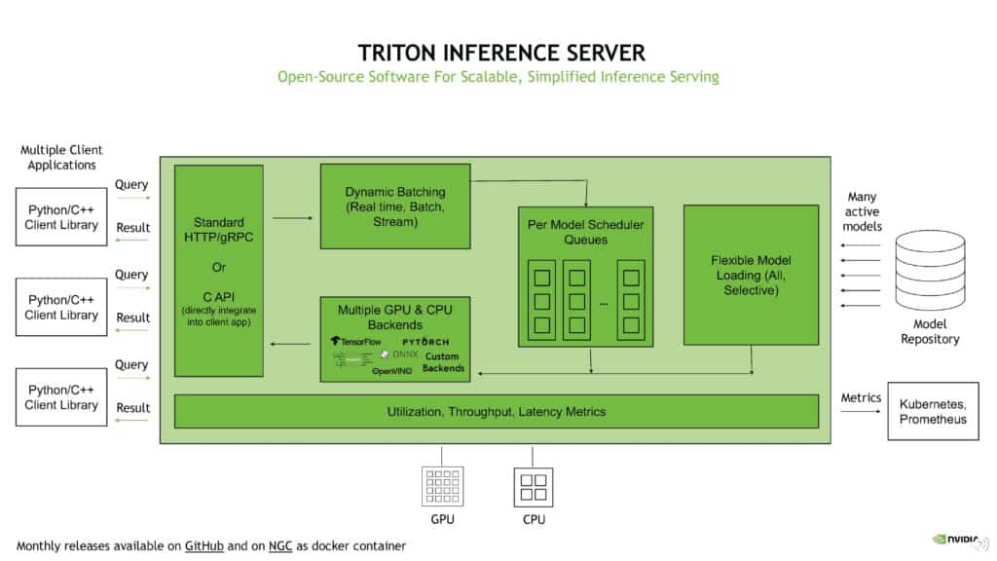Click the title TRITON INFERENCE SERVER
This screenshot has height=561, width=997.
click(498, 52)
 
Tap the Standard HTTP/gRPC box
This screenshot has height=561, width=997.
click(219, 270)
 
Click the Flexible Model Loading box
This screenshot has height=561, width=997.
click(751, 275)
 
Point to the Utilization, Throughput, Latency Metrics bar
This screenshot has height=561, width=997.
click(497, 411)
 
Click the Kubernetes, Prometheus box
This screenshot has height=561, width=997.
click(933, 411)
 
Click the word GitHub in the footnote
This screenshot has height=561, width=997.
click(203, 545)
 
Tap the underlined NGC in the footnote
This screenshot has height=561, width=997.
click(280, 545)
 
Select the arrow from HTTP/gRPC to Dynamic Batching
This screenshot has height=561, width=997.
click(292, 218)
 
